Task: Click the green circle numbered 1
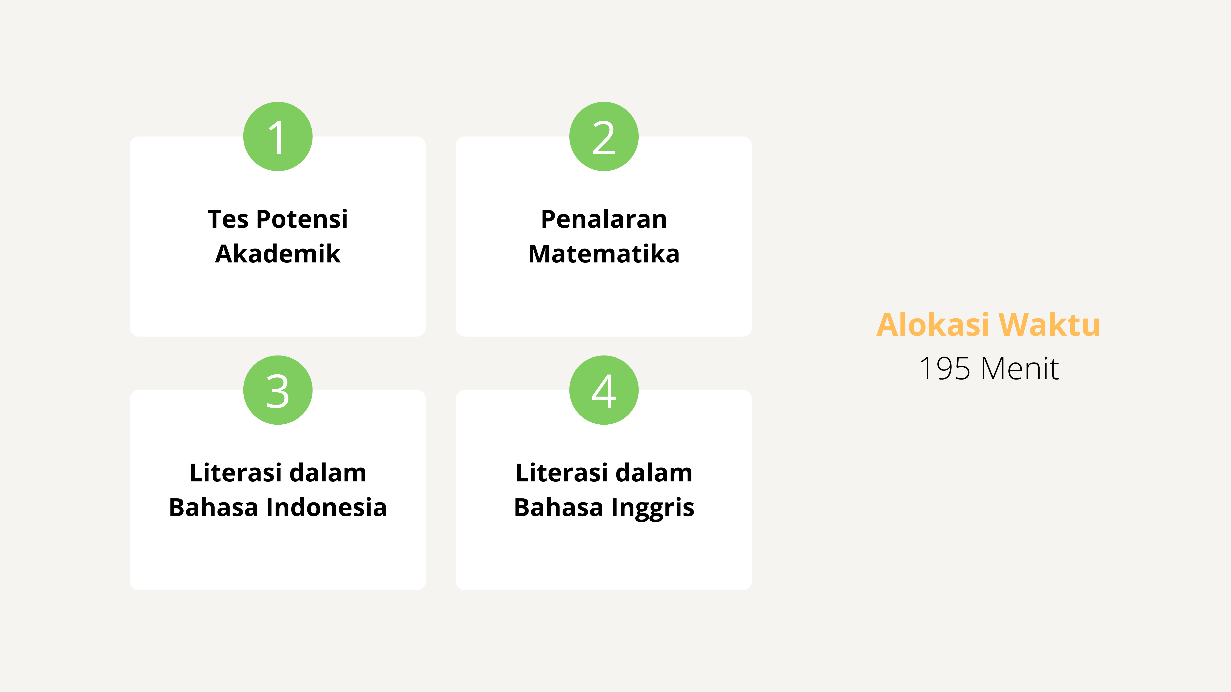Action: [278, 137]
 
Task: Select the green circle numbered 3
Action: [278, 390]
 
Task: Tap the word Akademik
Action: [278, 254]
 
